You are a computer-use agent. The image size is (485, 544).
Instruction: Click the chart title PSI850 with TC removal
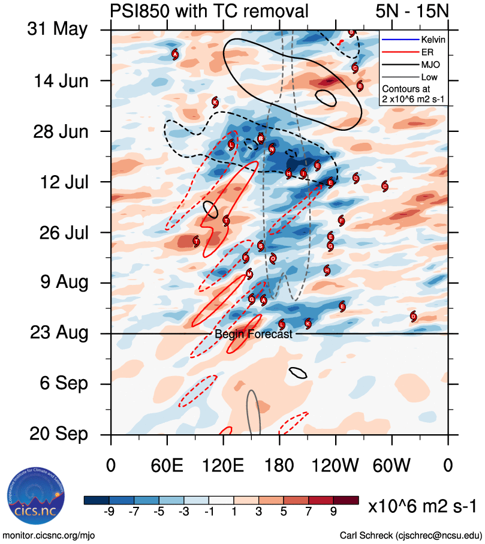pyautogui.click(x=209, y=10)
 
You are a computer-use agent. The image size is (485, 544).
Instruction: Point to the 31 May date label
pyautogui.click(x=57, y=30)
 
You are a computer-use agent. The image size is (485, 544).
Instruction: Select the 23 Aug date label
pyautogui.click(x=57, y=333)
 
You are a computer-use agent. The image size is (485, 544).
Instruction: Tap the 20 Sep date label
pyautogui.click(x=57, y=434)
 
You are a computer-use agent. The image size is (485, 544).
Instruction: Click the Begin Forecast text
pyautogui.click(x=254, y=335)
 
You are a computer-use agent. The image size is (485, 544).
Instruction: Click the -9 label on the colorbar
pyautogui.click(x=109, y=512)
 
